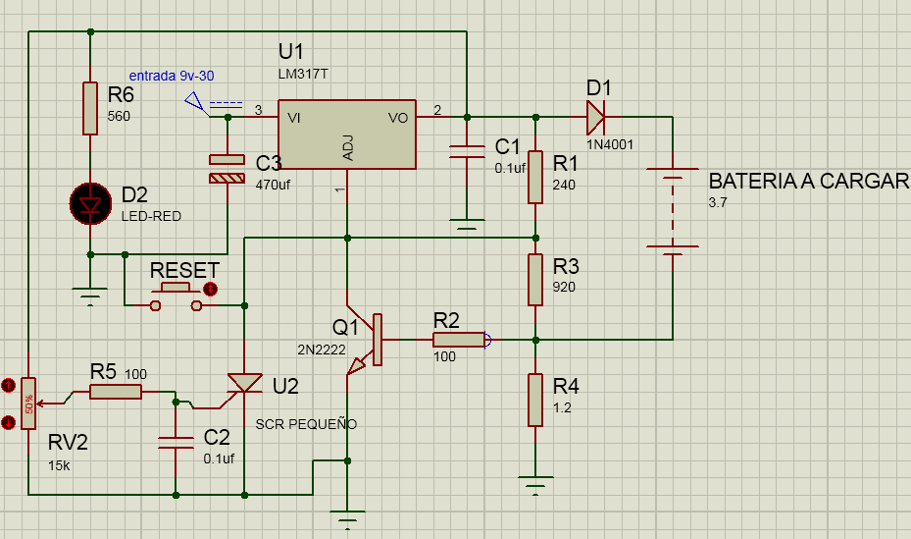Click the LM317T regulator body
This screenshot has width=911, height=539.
(347, 135)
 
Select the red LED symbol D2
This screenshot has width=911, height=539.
(90, 203)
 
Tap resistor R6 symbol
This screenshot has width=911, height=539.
(90, 108)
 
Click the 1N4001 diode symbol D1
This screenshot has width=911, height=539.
(595, 117)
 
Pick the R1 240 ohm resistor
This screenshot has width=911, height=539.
(535, 178)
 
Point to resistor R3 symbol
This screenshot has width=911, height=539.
(535, 280)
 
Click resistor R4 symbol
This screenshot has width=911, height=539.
(535, 400)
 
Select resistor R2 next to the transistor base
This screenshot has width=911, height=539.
(458, 340)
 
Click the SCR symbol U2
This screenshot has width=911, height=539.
(244, 384)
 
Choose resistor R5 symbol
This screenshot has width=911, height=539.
(116, 392)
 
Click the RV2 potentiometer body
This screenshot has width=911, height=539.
(28, 404)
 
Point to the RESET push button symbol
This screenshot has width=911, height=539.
(176, 296)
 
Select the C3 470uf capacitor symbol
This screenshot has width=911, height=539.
(228, 169)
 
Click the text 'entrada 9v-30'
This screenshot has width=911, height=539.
(172, 76)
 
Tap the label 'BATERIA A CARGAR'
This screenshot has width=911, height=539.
(809, 182)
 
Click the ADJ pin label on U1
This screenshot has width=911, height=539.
(347, 148)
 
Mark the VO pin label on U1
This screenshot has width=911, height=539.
(398, 118)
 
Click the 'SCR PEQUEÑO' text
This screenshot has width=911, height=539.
(306, 424)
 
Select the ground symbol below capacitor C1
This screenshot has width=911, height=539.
(467, 224)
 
